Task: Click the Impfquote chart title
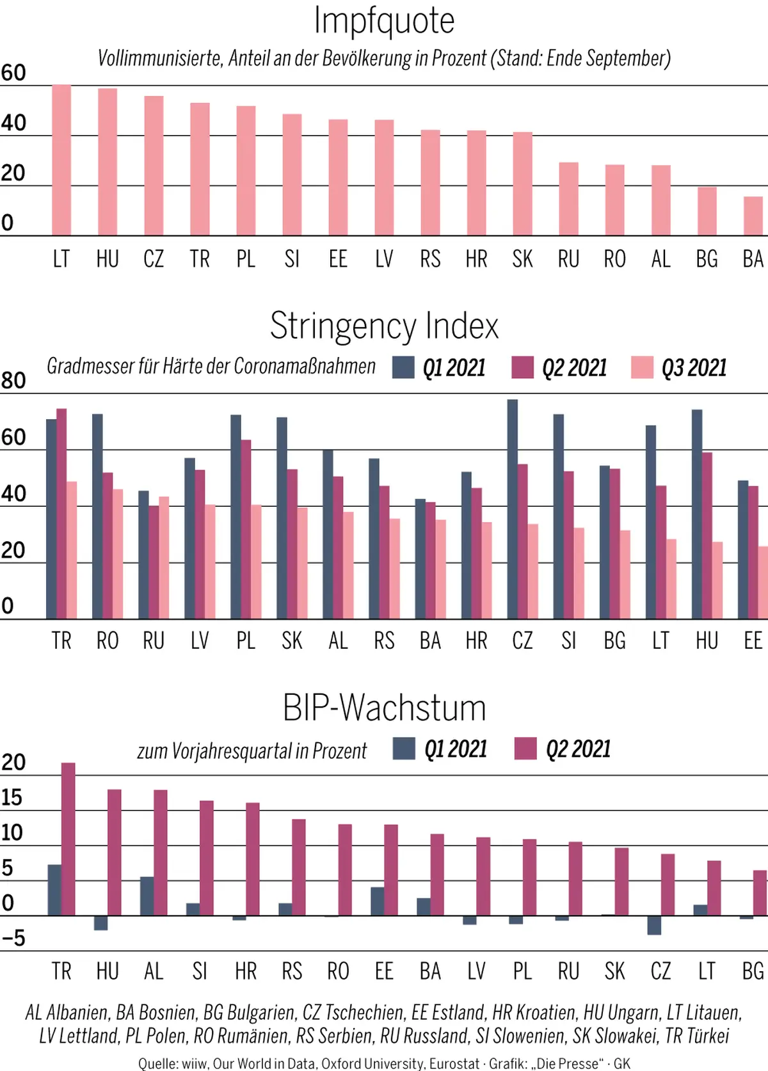point(384,20)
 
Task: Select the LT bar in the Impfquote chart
point(61,160)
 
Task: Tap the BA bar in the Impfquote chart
point(753,216)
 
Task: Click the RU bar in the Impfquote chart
point(568,199)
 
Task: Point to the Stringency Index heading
point(384,326)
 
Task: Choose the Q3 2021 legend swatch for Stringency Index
point(642,368)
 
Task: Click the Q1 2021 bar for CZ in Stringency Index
point(513,509)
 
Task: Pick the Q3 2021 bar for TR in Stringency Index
point(72,550)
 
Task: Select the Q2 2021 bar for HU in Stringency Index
point(707,535)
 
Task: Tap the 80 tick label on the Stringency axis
point(13,381)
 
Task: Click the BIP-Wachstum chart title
point(384,708)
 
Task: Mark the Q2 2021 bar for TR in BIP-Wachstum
point(68,839)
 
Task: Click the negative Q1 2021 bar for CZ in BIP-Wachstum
point(654,925)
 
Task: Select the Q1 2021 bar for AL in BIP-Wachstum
point(147,896)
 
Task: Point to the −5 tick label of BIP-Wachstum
point(13,939)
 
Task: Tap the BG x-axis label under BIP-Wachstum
point(753,971)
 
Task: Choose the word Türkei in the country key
point(707,1035)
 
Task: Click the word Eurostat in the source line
point(454,1063)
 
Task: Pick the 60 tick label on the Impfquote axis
point(13,73)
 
